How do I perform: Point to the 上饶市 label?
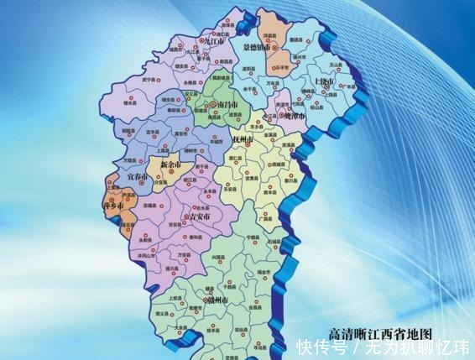(323, 82)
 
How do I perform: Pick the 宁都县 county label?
(253, 237)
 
